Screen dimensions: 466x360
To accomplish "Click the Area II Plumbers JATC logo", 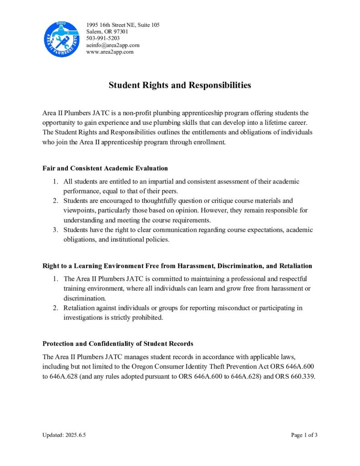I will pyautogui.click(x=61, y=40).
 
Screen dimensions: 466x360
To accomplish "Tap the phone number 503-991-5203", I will pyautogui.click(x=103, y=38).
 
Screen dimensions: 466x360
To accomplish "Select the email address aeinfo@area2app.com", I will pyautogui.click(x=112, y=45).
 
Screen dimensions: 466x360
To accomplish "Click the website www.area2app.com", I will pyautogui.click(x=110, y=52).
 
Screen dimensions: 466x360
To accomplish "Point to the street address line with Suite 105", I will pyautogui.click(x=122, y=25).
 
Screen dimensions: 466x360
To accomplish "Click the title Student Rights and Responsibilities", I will pyautogui.click(x=180, y=85).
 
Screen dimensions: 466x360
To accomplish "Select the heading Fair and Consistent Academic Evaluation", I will pyautogui.click(x=105, y=168).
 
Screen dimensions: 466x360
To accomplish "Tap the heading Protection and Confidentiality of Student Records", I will pyautogui.click(x=118, y=344).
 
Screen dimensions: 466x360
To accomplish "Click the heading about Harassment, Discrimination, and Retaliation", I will pyautogui.click(x=177, y=265).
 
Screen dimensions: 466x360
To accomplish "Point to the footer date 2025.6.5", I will pyautogui.click(x=75, y=435).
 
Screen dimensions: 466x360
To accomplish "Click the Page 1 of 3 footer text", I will pyautogui.click(x=304, y=435).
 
